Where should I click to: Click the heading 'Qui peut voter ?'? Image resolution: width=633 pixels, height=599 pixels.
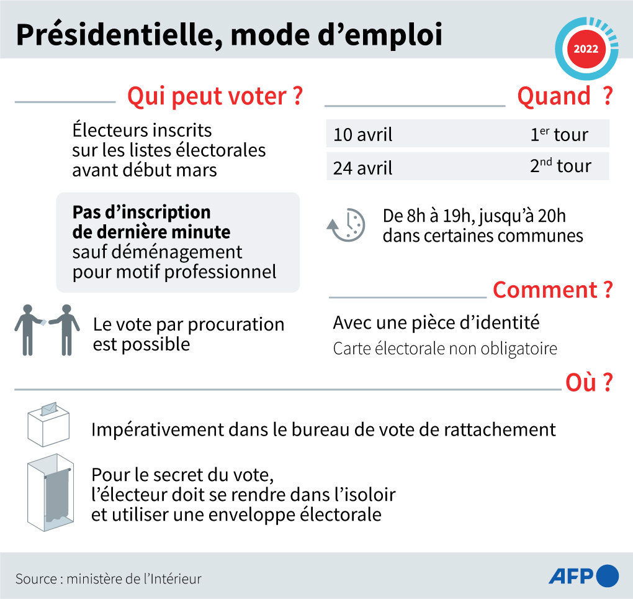point(215,97)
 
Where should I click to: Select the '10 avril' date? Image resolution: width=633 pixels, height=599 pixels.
point(363,135)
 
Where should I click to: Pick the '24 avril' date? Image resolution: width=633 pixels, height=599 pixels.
point(363,168)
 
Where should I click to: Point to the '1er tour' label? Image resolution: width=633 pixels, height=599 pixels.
point(559,134)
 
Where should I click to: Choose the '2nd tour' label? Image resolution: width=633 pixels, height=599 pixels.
point(560,167)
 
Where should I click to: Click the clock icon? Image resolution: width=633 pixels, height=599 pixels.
point(346,225)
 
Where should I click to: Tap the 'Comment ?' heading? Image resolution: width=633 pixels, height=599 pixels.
point(552,290)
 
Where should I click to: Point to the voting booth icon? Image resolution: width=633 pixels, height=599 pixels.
point(49,495)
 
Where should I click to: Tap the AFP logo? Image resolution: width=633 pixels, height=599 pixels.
point(583,576)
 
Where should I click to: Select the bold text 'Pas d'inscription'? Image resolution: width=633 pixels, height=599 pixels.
point(141,212)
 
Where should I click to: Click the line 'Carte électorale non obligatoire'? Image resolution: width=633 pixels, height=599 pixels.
point(445,349)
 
